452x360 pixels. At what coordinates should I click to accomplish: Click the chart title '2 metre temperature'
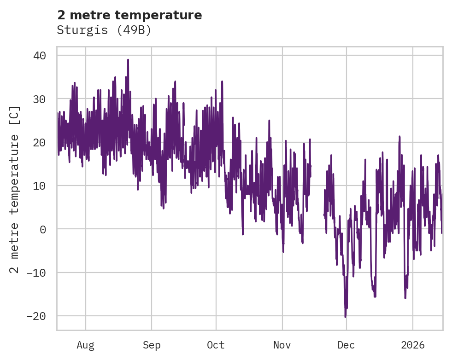(129, 15)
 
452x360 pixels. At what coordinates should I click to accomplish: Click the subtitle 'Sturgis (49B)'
(104, 30)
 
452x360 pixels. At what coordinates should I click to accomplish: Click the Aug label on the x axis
(86, 345)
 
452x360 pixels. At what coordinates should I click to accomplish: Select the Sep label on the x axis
(152, 345)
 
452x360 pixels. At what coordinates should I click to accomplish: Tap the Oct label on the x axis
(216, 345)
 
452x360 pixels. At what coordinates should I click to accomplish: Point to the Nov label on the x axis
(282, 345)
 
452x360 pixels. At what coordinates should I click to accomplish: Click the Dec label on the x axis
(346, 345)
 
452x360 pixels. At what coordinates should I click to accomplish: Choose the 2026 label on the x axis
(413, 345)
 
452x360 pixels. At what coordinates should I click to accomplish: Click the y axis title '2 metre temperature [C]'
(15, 189)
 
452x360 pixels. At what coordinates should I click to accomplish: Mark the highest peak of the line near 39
(128, 60)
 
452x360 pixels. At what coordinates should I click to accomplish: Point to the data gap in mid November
(317, 193)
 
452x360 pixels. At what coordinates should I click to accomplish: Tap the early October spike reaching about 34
(222, 81)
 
